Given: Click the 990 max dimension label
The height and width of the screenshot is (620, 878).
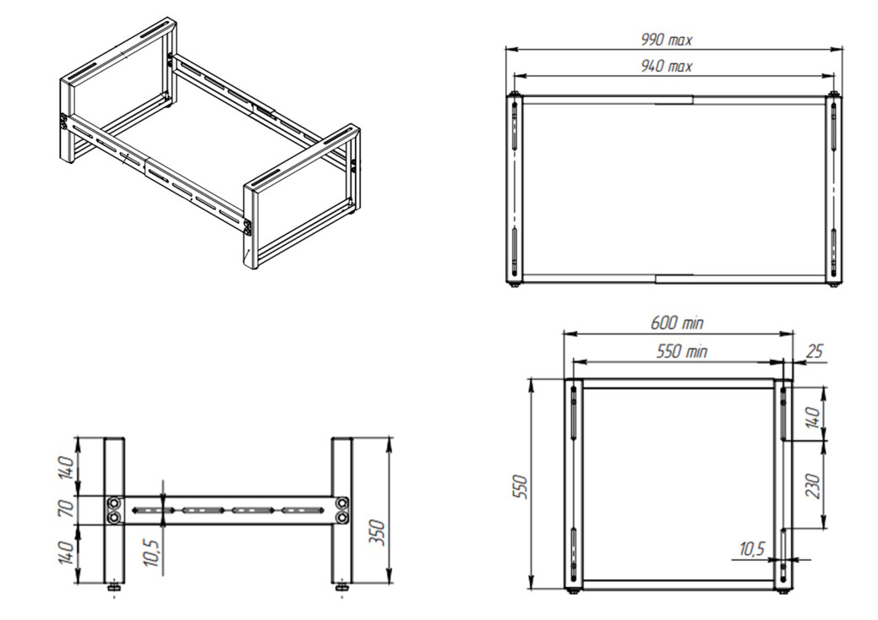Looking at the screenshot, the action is click(666, 41).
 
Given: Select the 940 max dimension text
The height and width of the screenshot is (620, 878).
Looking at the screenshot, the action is click(666, 67).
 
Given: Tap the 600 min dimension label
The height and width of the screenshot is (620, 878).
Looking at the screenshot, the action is click(677, 324).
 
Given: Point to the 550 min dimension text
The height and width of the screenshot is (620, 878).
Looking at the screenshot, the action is click(681, 351).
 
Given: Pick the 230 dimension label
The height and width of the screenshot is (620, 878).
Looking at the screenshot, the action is click(814, 486).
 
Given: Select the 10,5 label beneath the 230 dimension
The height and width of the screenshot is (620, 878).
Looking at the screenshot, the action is click(751, 549).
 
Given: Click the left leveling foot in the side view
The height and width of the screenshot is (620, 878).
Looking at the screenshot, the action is click(114, 588).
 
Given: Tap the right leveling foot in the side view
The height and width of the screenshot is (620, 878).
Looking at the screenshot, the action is click(341, 588).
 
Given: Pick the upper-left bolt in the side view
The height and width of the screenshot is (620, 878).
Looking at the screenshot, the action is click(114, 503).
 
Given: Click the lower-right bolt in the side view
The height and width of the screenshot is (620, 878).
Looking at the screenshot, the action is click(341, 518).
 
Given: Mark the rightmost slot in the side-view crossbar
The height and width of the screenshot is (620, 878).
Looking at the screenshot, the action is click(303, 509).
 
